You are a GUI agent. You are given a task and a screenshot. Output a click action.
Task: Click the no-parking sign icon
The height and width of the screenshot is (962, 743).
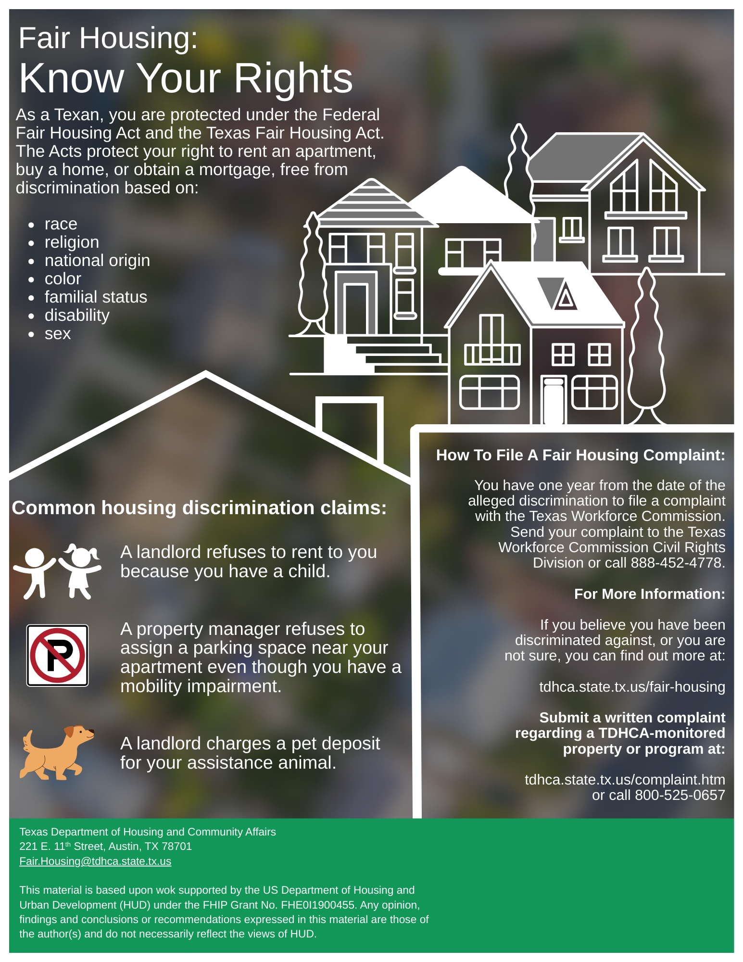tap(57, 655)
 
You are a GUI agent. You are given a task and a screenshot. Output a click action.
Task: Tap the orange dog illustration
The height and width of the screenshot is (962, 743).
tap(56, 752)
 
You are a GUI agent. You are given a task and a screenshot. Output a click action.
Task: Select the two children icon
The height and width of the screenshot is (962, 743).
tap(57, 571)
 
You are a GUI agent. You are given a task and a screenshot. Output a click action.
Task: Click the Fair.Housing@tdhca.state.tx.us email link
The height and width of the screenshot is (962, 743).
tap(95, 861)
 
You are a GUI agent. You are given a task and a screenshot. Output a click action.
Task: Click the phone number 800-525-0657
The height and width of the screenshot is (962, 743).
tap(680, 795)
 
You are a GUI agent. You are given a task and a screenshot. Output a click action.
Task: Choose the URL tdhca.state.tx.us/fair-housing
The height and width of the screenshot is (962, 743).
tap(632, 687)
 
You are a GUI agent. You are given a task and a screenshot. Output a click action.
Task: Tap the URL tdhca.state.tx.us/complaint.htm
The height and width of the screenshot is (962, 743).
tap(625, 780)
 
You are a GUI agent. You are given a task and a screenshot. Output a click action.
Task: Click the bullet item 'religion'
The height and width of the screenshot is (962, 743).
tap(72, 242)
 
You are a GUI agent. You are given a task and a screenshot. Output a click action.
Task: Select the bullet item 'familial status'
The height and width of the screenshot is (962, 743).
tap(96, 297)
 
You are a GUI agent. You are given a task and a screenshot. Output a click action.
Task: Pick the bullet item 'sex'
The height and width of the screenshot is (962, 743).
tap(58, 333)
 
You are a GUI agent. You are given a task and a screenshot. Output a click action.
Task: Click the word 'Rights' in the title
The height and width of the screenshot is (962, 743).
tap(293, 78)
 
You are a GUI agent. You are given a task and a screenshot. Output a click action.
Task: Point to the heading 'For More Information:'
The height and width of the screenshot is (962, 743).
tap(649, 594)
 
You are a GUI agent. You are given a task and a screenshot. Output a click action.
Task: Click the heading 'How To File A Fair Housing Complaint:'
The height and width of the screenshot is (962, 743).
tap(580, 455)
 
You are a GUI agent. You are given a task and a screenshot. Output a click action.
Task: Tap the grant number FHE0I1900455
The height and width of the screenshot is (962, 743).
tap(318, 905)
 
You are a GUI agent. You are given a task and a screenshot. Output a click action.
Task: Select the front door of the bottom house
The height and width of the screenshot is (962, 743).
tap(554, 401)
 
